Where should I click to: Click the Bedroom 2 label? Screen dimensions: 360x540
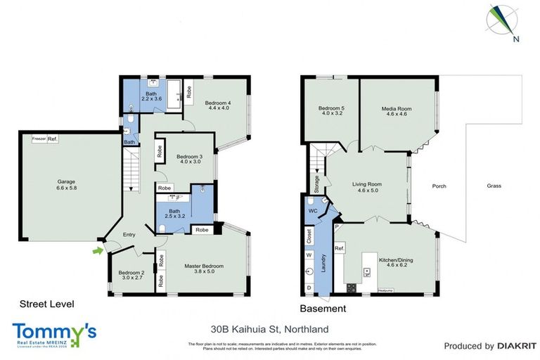(131, 273)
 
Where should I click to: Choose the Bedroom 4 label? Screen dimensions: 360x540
(218, 104)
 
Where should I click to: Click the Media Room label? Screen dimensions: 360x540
(397, 109)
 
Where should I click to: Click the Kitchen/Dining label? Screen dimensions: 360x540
(396, 260)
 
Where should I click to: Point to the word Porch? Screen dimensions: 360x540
(439, 186)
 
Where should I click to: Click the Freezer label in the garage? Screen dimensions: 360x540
(39, 139)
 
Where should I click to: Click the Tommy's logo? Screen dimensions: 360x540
(54, 332)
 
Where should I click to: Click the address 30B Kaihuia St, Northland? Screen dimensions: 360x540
(269, 328)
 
